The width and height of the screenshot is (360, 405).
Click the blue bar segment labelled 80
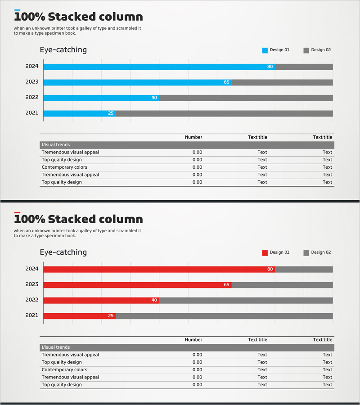tap(157, 67)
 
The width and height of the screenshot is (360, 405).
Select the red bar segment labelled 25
tap(79, 316)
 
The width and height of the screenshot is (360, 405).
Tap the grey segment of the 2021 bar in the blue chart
tap(224, 113)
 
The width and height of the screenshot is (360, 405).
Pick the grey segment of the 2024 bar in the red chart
tap(304, 269)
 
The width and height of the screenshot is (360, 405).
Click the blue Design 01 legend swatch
tap(265, 50)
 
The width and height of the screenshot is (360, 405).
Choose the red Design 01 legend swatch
tap(265, 253)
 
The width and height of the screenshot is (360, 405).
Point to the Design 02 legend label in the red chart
tap(321, 252)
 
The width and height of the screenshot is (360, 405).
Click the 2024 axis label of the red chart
tap(32, 269)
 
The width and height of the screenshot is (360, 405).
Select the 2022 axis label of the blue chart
tap(32, 98)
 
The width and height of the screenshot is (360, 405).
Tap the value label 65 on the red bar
tap(226, 285)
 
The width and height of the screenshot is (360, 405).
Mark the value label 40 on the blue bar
tap(154, 98)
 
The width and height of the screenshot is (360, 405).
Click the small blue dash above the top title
tap(17, 10)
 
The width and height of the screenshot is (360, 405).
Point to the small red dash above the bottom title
tap(17, 212)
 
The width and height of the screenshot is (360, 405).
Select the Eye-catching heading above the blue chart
tap(63, 50)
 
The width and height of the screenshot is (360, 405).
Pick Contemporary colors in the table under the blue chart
tap(64, 167)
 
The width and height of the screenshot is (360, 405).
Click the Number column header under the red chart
tap(193, 340)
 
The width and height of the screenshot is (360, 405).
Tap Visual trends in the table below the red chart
tap(56, 347)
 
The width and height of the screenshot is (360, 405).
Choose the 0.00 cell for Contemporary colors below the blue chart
tap(197, 167)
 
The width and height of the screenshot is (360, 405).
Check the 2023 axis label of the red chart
tap(32, 284)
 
